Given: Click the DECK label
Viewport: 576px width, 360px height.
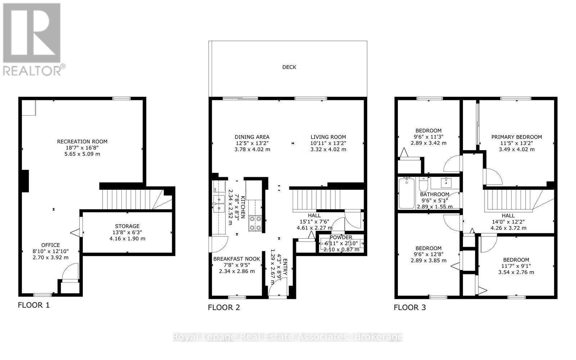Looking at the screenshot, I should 289,67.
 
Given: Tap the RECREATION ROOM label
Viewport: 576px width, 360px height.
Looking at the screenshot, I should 82,141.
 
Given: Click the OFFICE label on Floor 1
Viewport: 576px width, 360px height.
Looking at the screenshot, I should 50,245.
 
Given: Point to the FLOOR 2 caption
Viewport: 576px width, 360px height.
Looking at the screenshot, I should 224,307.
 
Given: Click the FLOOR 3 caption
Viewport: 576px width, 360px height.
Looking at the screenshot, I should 410,307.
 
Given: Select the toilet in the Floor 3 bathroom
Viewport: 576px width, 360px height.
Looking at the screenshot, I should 424,185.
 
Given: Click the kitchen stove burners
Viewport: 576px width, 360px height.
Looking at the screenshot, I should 255,223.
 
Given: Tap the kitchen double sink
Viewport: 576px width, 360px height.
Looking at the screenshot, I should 219,203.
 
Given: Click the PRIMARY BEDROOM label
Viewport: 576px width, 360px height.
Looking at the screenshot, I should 516,137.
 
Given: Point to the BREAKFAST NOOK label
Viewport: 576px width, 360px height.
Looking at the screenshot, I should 237,259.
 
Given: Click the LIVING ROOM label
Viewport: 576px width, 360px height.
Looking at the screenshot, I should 328,137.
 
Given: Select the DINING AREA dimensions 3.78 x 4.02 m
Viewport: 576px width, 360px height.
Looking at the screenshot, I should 252,149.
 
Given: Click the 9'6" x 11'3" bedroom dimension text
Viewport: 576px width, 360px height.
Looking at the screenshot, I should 428,137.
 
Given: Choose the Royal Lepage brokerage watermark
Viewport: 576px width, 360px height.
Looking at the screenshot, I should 288,337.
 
